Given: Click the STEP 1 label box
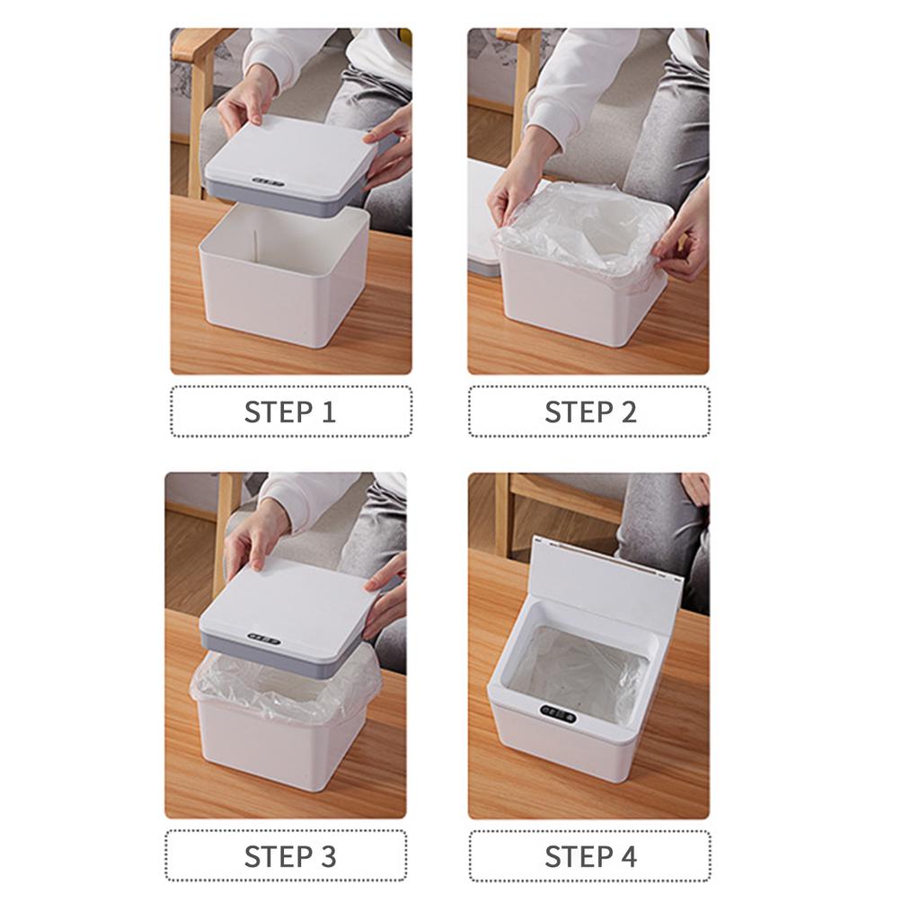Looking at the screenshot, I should (290, 411).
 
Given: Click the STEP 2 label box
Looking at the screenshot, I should (589, 411).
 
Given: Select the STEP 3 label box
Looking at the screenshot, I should (286, 855).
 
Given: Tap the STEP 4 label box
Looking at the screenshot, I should (589, 855).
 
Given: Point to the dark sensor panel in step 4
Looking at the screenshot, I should (557, 716).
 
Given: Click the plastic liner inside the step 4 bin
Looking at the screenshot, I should (575, 669).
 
